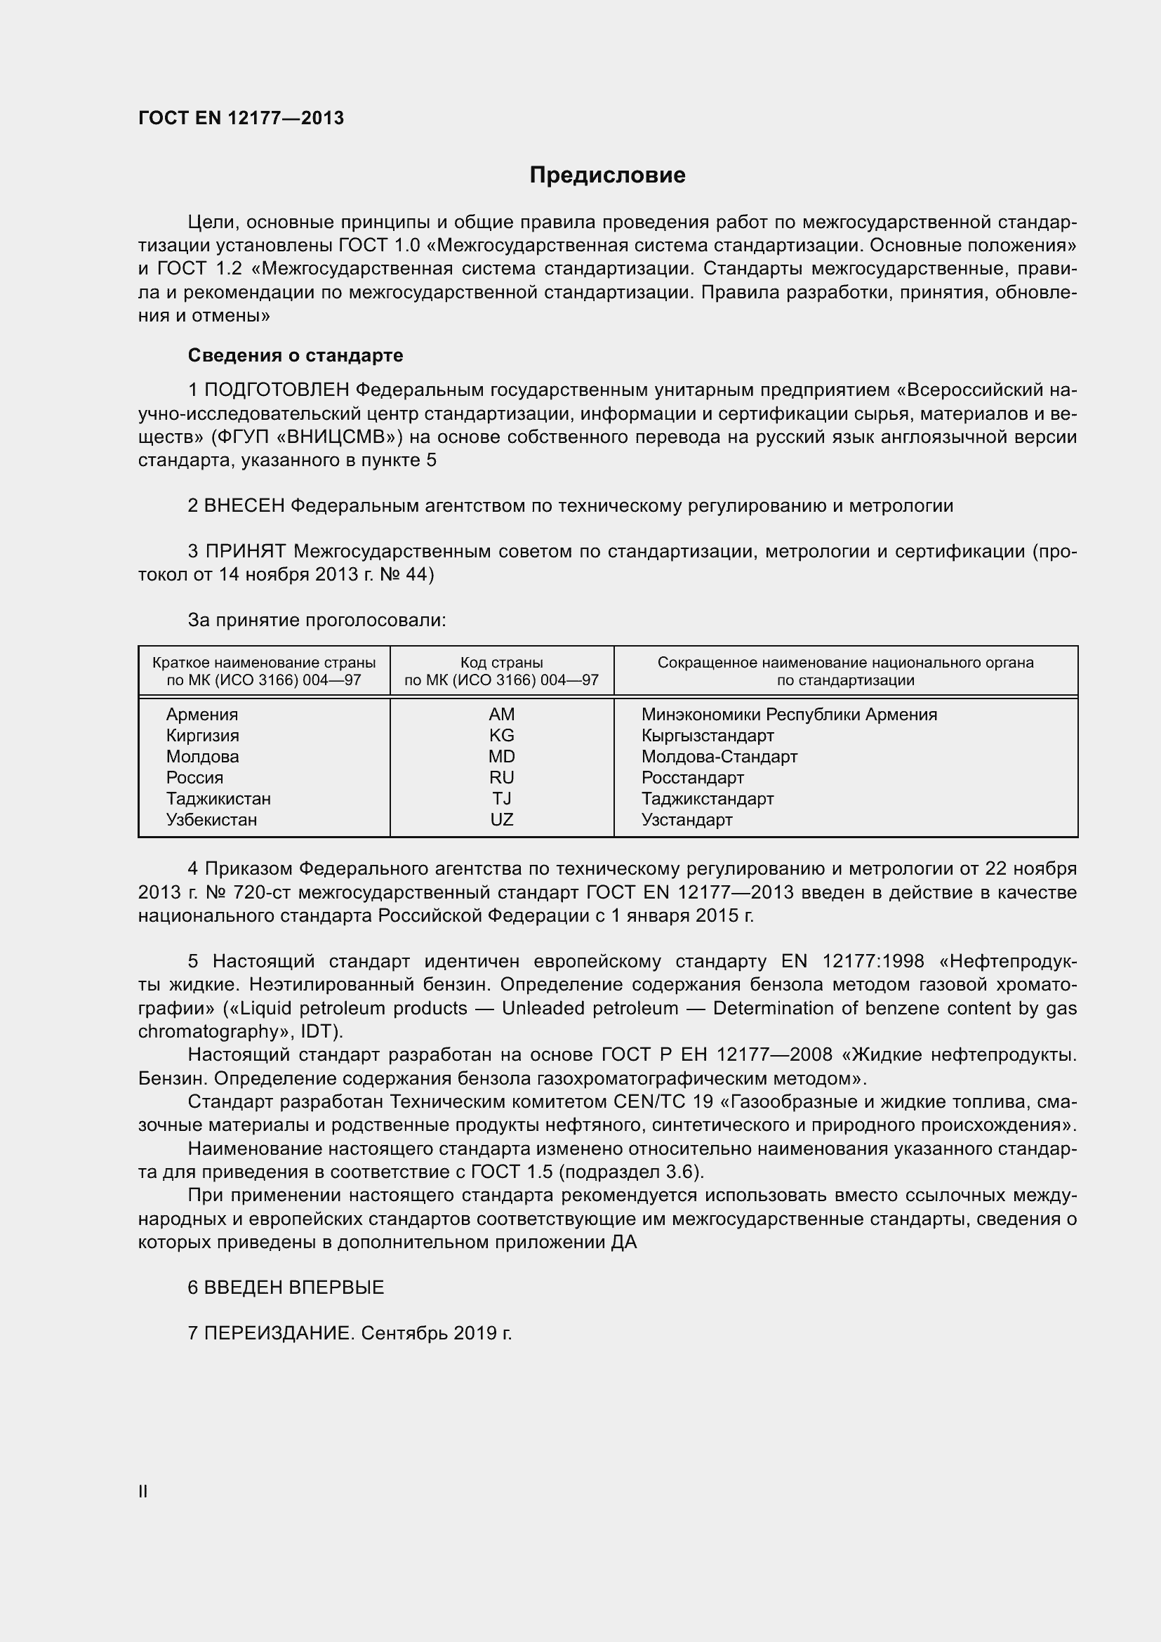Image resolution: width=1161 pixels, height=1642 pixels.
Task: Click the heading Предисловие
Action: [607, 176]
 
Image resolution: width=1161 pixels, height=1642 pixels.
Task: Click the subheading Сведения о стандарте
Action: [296, 355]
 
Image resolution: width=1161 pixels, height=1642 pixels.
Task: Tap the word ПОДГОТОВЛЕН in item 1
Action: [277, 390]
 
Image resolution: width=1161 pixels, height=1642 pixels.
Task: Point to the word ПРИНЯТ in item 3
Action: [246, 551]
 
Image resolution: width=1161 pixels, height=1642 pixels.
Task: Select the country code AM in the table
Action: [501, 715]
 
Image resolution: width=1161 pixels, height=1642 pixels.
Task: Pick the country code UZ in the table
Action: [501, 819]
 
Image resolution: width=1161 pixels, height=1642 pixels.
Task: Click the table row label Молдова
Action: [202, 757]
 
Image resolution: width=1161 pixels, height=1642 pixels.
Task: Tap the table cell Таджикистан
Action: [218, 799]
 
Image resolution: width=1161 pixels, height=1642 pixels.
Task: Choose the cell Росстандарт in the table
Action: [692, 777]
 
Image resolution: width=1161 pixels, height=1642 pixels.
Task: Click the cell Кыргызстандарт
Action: [707, 736]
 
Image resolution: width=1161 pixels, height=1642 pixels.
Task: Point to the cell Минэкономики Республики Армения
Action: [788, 715]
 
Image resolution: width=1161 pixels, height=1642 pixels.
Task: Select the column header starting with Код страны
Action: [501, 671]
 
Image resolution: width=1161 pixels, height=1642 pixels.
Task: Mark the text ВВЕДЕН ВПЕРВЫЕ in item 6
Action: [294, 1287]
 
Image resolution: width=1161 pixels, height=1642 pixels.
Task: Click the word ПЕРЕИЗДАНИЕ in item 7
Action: [279, 1333]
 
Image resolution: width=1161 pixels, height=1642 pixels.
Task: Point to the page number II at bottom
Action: [143, 1492]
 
